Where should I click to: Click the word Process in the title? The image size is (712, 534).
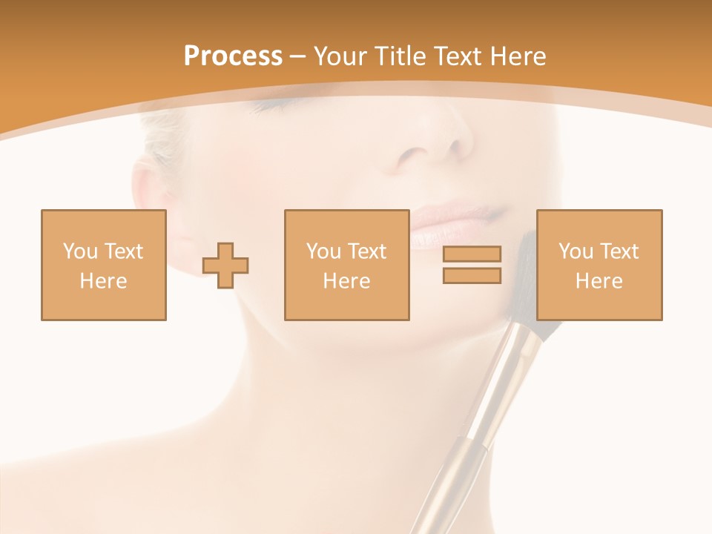tap(233, 56)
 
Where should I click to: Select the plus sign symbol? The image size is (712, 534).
tap(225, 266)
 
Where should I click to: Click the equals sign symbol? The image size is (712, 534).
tap(472, 265)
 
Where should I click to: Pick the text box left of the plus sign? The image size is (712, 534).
tap(104, 265)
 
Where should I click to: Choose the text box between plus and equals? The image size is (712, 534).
tap(346, 265)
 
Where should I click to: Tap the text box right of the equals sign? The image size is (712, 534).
tap(599, 265)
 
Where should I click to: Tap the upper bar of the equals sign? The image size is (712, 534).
tap(472, 254)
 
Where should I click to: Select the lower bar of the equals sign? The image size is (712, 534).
tap(472, 276)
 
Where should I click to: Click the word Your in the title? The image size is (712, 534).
tap(340, 56)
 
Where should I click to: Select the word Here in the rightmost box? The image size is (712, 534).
tap(599, 281)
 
